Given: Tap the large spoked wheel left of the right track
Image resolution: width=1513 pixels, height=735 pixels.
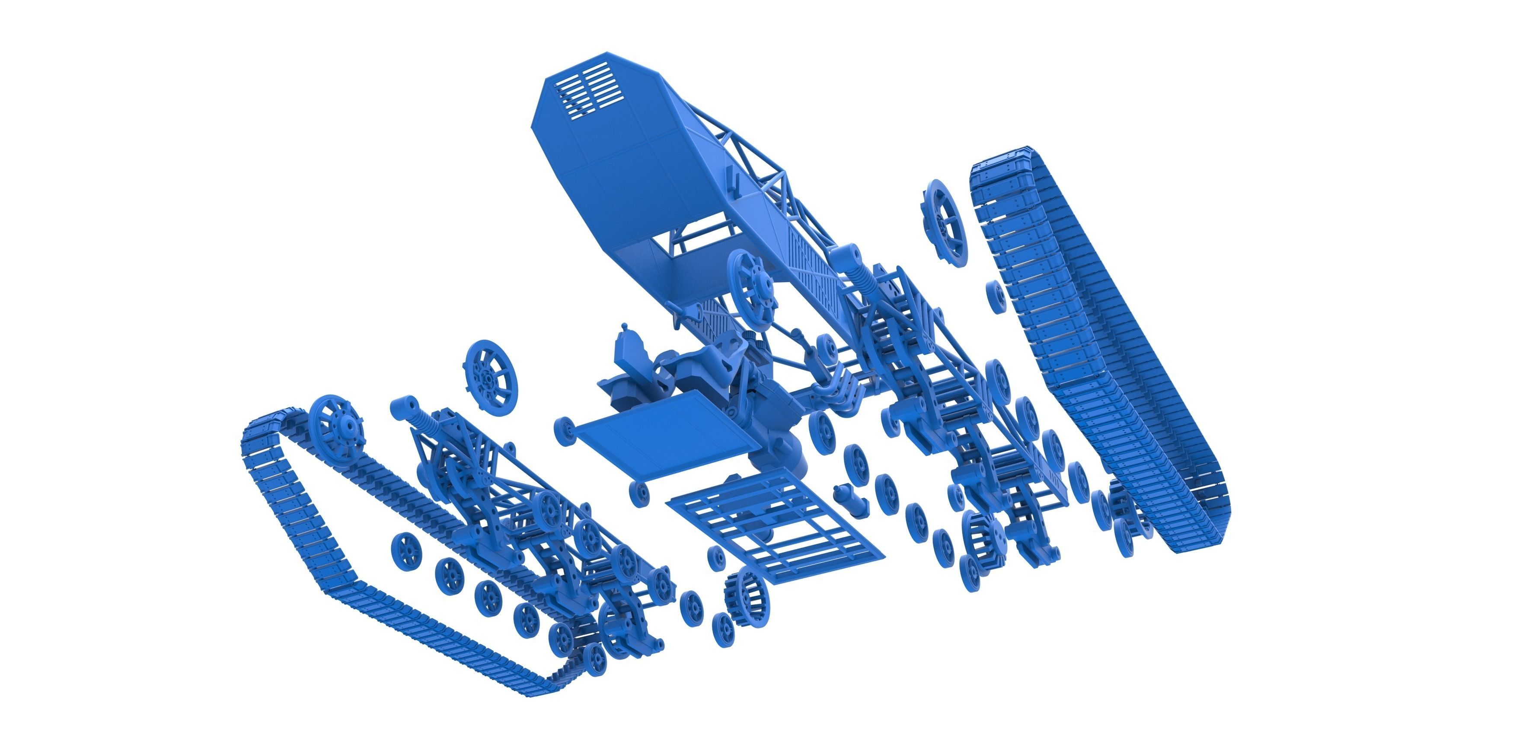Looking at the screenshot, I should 944,223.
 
